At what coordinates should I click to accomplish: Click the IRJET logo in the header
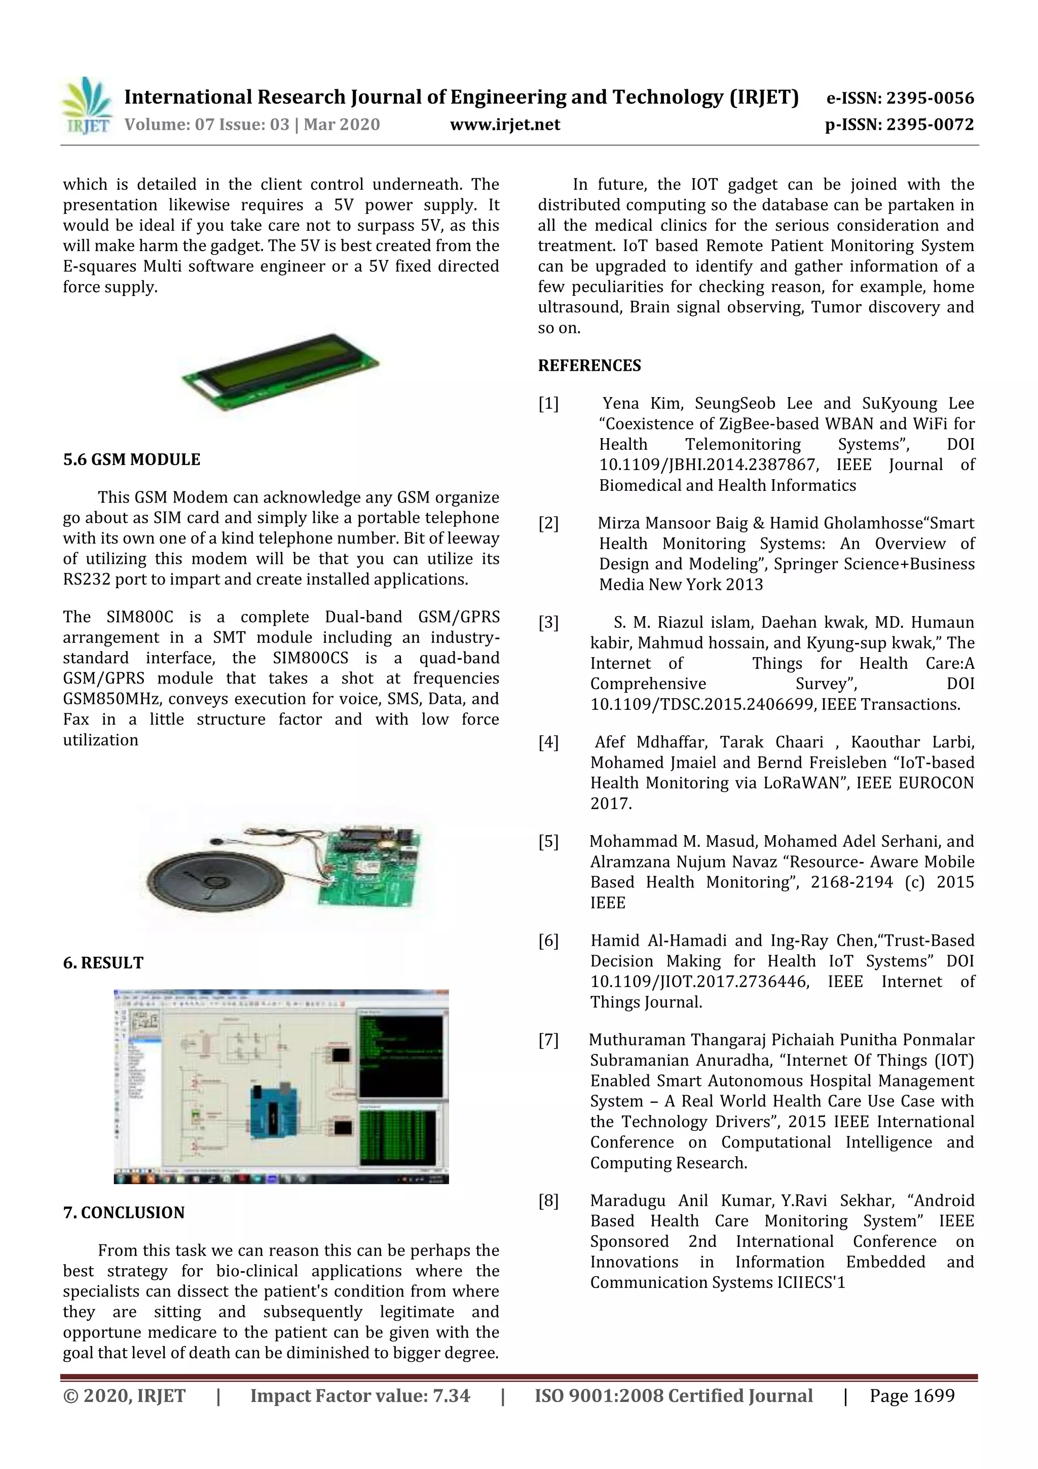[86, 105]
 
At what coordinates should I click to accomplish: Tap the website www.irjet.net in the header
[505, 125]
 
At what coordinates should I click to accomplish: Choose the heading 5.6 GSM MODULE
[132, 459]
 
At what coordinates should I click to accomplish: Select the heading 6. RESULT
[103, 963]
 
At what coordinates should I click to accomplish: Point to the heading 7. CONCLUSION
[124, 1212]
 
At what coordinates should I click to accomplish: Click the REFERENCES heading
[589, 365]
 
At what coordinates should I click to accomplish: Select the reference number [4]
[548, 742]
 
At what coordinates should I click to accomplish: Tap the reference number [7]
[548, 1040]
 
